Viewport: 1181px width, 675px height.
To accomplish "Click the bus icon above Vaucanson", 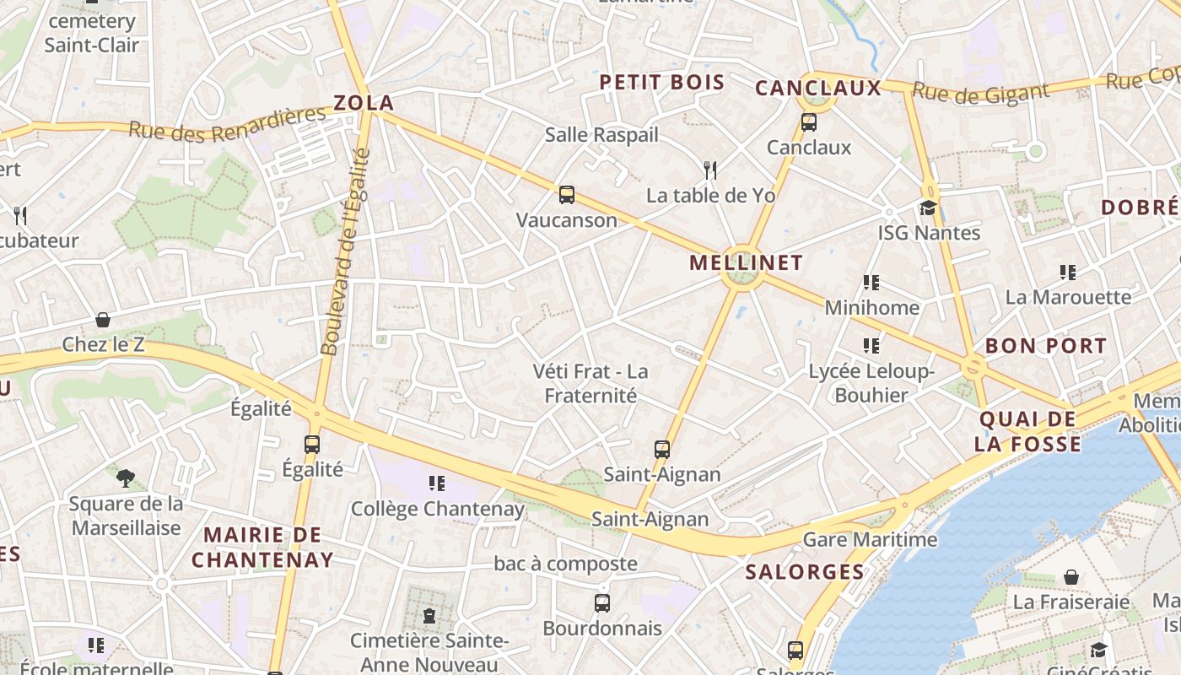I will (567, 195).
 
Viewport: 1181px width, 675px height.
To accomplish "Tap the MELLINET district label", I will (746, 262).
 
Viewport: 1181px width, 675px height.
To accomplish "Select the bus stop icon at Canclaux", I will (809, 122).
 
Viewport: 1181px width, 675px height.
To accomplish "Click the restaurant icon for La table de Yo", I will (710, 170).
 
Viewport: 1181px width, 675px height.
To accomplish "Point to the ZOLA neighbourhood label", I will (364, 104).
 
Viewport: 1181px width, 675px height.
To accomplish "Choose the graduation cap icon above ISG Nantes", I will (928, 208).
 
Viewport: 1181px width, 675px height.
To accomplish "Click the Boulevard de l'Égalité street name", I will (346, 251).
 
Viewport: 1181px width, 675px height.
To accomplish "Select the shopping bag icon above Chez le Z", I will (103, 320).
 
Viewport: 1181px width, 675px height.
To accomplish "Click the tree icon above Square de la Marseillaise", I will (126, 478).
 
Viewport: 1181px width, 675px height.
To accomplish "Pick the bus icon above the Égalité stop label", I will (312, 444).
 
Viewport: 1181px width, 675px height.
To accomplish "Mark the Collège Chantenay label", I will (437, 509).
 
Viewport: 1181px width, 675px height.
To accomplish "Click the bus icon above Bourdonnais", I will (602, 603).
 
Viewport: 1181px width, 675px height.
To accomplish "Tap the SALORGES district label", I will (805, 572).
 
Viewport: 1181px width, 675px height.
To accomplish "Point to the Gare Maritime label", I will (870, 539).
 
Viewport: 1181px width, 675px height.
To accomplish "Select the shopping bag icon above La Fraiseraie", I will (1070, 577).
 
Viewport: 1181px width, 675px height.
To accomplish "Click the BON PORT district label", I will (1045, 346).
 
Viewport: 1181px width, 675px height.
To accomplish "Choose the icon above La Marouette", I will (1068, 273).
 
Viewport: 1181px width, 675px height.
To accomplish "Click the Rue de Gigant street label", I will (980, 93).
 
